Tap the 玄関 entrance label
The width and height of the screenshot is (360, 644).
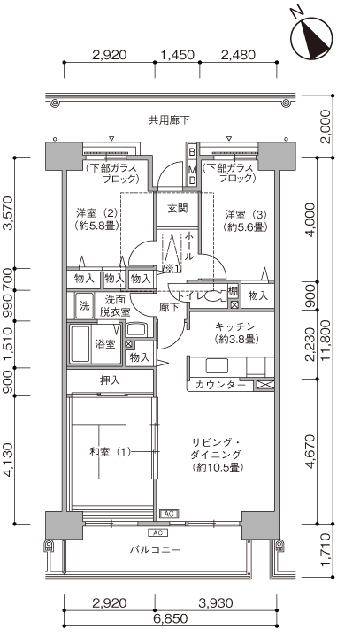pos(177,208)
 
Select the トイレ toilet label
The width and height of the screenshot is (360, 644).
pos(188,295)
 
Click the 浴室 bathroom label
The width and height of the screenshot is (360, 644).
pos(105,344)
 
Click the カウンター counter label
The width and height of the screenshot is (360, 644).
pos(220,385)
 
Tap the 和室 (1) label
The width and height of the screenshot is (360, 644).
pos(110,452)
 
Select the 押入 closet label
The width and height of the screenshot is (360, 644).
pos(110,380)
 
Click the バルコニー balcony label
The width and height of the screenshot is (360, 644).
pos(155,549)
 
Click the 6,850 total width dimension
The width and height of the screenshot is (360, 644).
pos(171,618)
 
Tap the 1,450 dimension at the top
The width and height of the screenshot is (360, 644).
pos(177,55)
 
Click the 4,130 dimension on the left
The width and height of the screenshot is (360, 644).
pos(8,460)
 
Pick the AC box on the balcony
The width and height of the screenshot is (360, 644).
pos(158,533)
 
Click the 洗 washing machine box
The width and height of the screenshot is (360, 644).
pos(84,306)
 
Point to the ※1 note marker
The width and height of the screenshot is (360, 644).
pos(172,269)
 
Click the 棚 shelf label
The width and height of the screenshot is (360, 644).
pos(234,291)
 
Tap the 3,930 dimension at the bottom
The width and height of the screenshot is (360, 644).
pos(216,603)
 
